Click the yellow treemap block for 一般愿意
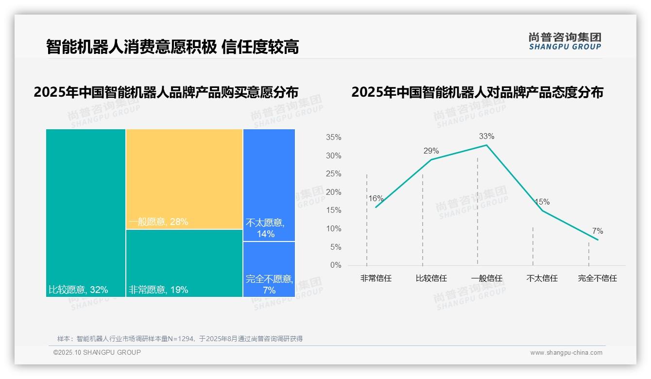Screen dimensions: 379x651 184,179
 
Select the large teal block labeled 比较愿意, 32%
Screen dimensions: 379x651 86,212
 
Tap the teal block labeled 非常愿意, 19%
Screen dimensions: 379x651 184,263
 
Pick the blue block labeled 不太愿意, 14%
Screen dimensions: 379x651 269,185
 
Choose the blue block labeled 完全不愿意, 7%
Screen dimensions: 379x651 269,269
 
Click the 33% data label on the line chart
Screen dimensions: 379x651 486,136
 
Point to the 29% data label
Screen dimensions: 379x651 431,151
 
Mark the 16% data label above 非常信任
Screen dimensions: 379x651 376,198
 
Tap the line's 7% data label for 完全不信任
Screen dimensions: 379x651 597,231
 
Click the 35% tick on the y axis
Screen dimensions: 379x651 333,138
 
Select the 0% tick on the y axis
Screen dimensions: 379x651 335,265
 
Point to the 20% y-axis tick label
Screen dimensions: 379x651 333,192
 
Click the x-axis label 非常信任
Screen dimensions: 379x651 376,278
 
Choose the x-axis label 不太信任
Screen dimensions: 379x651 542,278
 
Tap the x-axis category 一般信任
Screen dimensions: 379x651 486,278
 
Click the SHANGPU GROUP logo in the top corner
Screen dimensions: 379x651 565,41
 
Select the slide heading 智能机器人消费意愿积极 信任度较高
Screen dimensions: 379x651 172,47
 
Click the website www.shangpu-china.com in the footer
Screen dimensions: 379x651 566,353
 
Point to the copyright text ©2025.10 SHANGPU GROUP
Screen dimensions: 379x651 97,352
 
